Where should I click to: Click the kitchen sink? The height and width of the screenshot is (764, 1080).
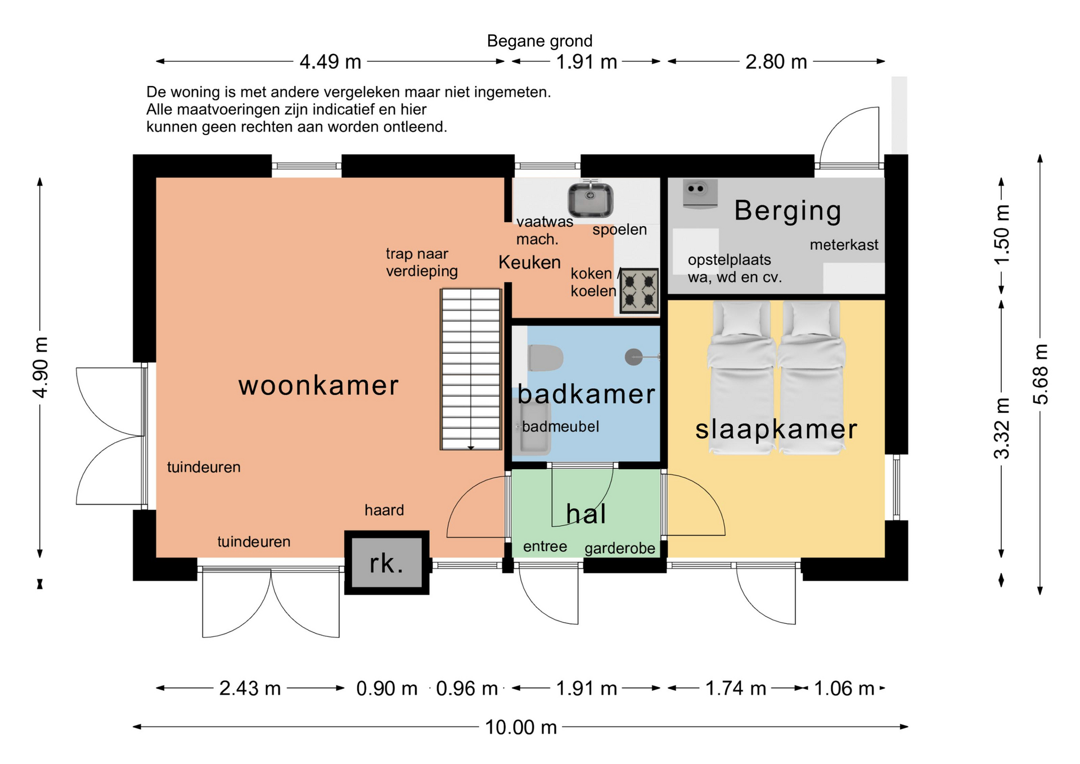590,199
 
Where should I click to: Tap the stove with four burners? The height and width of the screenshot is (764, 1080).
639,291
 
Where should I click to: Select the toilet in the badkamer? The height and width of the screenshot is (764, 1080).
545,358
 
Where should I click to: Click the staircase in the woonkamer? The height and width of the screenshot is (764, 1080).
471,369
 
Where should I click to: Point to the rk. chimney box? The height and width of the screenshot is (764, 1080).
387,563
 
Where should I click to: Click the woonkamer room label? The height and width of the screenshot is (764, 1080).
318,386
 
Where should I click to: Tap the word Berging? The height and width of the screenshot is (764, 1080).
787,212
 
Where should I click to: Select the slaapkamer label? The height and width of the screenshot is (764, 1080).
776,429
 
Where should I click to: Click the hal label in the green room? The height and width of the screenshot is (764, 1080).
586,514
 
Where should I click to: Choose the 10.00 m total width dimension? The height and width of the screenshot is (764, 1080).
521,727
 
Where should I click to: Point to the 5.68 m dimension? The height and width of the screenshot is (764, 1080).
1040,374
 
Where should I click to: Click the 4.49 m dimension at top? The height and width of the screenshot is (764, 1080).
330,61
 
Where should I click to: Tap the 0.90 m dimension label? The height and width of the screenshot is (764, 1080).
387,688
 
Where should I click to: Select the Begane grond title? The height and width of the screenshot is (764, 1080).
539,41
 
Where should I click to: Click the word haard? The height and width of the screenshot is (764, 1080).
384,510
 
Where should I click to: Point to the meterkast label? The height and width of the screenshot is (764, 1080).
844,245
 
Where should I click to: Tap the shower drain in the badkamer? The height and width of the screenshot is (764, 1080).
634,357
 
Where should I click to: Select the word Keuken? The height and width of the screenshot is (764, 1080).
529,262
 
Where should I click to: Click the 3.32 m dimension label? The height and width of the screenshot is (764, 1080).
1001,428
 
